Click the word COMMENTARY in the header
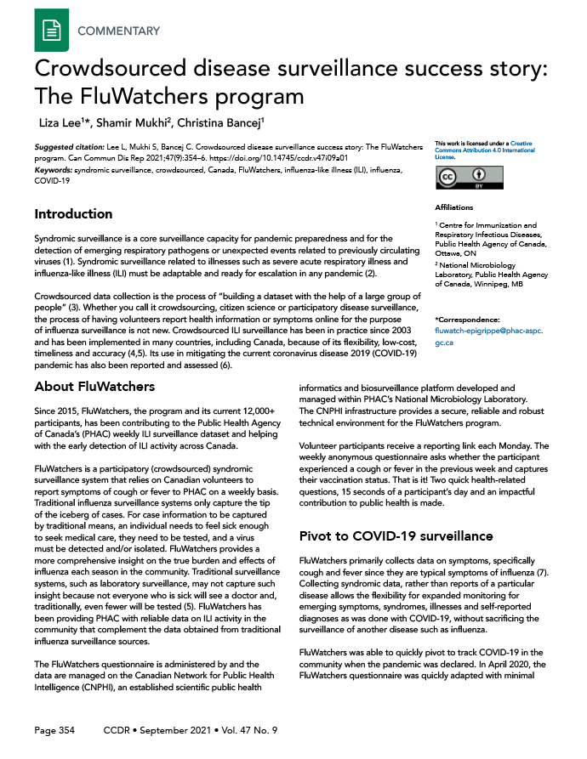point(118,31)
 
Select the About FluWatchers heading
point(94,387)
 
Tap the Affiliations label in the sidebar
point(453,207)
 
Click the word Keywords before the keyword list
point(52,171)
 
